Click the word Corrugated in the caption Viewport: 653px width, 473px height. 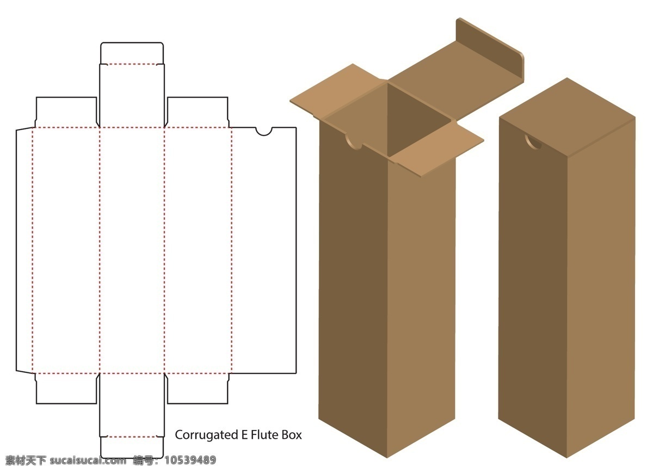(x=206, y=435)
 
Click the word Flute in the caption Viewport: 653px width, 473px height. (x=264, y=435)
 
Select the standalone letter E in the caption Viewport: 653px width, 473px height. (x=244, y=435)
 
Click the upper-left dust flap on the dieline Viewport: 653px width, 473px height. (x=66, y=112)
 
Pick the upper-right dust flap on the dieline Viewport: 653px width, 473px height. (x=198, y=112)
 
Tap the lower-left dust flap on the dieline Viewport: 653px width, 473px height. (x=66, y=388)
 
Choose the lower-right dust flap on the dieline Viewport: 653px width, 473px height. (x=198, y=388)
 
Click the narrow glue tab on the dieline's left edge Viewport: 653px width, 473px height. (x=24, y=250)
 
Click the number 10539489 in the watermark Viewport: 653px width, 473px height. (x=190, y=460)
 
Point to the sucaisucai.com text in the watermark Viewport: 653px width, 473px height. (x=88, y=460)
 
